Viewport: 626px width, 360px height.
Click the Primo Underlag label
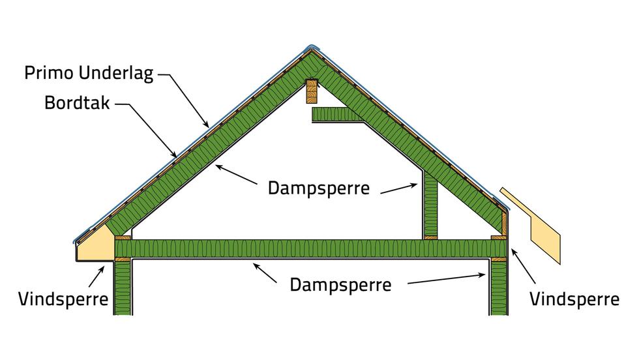[x=89, y=74]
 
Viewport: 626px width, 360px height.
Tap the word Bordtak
[x=77, y=103]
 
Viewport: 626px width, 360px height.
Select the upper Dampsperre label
[x=319, y=188]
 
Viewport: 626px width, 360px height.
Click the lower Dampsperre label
[x=340, y=285]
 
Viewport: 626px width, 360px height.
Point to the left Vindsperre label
[x=63, y=299]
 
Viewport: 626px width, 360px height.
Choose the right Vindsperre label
[x=574, y=299]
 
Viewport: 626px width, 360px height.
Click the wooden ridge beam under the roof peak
[x=312, y=91]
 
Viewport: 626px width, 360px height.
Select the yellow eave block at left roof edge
[x=95, y=245]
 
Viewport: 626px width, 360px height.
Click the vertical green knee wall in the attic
[x=430, y=205]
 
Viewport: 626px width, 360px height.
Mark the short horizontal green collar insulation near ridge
[x=337, y=114]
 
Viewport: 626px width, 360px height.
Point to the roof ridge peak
[x=312, y=46]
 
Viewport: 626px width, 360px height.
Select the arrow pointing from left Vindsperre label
[x=97, y=277]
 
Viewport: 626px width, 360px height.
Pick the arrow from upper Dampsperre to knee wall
[x=399, y=188]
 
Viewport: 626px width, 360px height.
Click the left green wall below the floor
[x=123, y=288]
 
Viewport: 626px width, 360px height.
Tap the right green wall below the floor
[x=499, y=288]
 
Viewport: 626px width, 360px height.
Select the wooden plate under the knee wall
[x=430, y=238]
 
